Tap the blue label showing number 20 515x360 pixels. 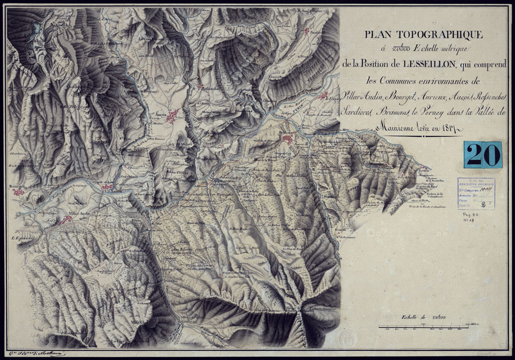483,155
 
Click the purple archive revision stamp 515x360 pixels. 476,193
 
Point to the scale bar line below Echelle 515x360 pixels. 423,326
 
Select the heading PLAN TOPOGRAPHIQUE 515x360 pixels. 423,35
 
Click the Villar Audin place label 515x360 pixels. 80,216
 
